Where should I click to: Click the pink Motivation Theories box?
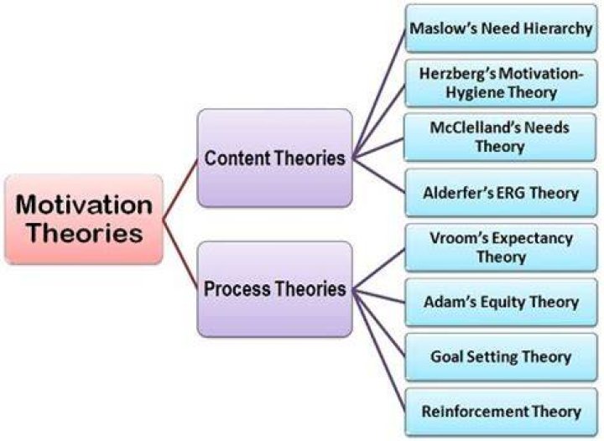84,219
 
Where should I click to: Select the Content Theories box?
274,158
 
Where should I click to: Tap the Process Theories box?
274,289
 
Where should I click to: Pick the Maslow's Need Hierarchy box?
501,29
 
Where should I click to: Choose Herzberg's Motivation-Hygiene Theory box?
501,83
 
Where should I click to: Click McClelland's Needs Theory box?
500,137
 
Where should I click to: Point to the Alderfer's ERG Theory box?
501,193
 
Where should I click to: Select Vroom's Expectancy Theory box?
501,248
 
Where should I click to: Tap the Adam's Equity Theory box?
501,303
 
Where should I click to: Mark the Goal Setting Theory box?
501,357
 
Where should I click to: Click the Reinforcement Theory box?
501,412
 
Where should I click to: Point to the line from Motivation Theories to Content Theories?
180,189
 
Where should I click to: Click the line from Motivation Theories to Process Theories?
180,255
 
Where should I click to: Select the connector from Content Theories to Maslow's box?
379,93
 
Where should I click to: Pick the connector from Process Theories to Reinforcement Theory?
379,351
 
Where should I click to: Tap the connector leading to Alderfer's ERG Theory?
379,175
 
